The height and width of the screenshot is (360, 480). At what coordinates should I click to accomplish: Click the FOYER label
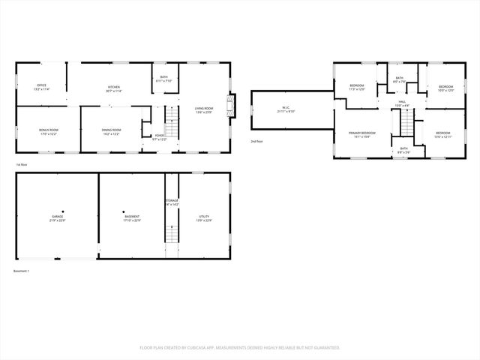coord(159,137)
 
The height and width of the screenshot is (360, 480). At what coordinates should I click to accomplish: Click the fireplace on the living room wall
coord(233,105)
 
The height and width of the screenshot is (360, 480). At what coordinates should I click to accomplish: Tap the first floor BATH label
coord(164,79)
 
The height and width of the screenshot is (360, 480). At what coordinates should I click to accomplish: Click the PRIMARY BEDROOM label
coord(361,134)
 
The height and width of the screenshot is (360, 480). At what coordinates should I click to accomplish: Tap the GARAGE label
coord(58,218)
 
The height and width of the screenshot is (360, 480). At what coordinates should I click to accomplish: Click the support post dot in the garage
coord(63,211)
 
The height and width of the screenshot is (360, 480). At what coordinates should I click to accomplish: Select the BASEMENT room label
coord(132,218)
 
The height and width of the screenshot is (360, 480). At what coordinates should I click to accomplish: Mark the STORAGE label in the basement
coord(172,202)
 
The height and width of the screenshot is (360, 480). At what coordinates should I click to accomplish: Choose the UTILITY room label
coord(204,218)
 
